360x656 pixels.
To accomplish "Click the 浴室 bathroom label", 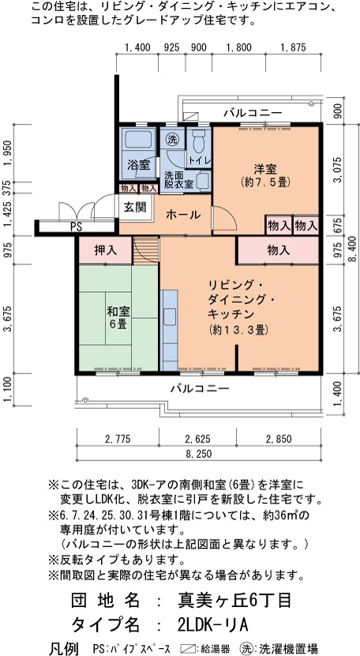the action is click(139, 164).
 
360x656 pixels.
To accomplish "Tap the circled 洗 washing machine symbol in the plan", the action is click(171, 140).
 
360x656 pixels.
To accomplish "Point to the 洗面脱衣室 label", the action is click(178, 179).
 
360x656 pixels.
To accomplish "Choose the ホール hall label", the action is click(183, 215).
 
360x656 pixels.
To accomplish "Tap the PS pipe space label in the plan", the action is click(76, 227).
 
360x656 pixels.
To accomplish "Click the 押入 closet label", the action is click(106, 250).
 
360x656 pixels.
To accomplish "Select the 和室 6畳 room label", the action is click(118, 317).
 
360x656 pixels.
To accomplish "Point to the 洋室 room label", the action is click(266, 175).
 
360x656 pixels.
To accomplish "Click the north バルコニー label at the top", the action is click(253, 113).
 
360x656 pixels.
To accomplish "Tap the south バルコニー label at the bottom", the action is click(200, 388).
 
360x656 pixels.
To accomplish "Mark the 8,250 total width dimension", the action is click(199, 454).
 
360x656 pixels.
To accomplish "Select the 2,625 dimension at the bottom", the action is click(197, 439).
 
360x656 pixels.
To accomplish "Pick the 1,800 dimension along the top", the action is click(238, 47).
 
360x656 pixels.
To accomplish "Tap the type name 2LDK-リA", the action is click(213, 624).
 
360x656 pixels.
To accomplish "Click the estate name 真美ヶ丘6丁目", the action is click(234, 602).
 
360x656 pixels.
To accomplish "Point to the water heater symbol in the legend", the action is click(189, 648).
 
